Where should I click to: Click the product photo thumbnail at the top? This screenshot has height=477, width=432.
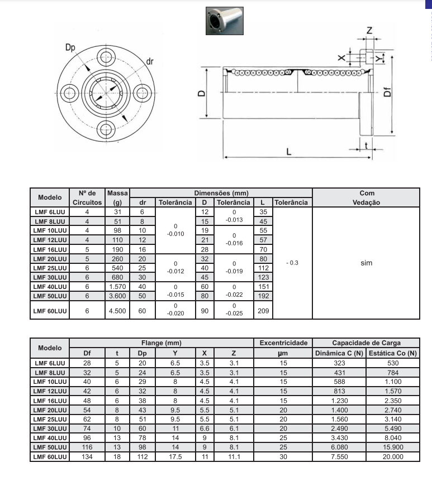[x=224, y=21]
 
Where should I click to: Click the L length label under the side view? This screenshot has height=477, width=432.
[x=289, y=151]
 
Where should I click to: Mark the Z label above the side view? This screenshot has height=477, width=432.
[x=369, y=30]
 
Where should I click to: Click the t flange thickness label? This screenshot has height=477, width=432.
[x=365, y=144]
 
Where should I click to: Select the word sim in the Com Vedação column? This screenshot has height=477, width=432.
[x=366, y=262]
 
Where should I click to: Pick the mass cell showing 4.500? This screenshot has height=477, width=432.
[x=117, y=311]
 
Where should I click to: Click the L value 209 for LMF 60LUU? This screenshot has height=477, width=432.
[x=262, y=311]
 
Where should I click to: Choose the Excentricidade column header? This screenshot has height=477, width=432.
[x=283, y=343]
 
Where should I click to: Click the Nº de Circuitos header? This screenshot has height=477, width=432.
[x=87, y=197]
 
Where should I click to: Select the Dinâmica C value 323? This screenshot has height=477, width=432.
[x=339, y=363]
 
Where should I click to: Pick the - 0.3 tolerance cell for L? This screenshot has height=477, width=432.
[x=291, y=262]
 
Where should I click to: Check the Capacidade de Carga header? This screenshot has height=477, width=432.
[x=366, y=343]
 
